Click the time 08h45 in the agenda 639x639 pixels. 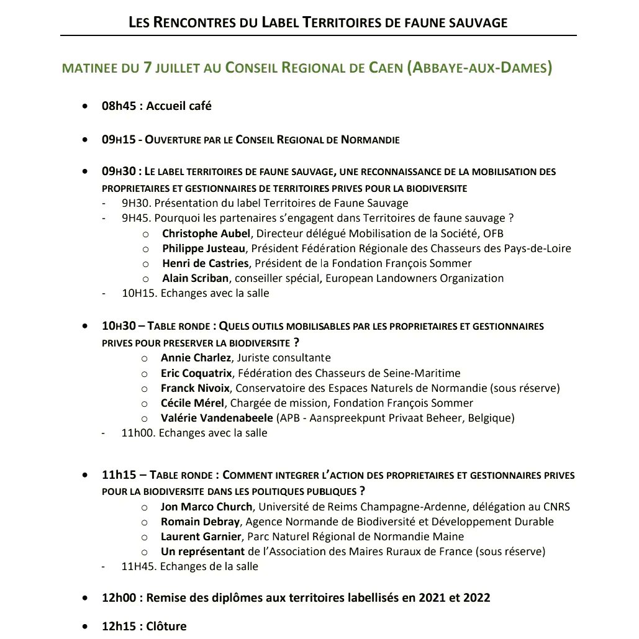coord(120,106)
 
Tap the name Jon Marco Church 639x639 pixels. coord(206,507)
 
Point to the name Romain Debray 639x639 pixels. coord(200,522)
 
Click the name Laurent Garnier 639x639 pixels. coord(201,537)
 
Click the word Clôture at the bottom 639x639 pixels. coord(166,626)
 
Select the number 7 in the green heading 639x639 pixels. coord(147,68)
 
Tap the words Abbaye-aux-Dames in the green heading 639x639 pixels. coord(478,68)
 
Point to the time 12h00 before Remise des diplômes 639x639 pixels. coord(119,598)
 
